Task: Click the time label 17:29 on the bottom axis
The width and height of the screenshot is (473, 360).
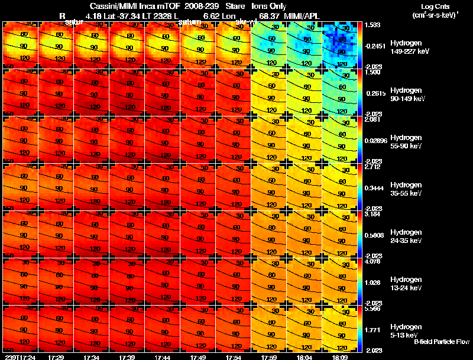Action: [57, 356]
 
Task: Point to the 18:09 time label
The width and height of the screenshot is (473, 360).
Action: [339, 356]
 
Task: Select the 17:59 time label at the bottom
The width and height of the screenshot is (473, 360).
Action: [269, 356]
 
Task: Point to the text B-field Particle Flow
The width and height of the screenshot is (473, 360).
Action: [442, 342]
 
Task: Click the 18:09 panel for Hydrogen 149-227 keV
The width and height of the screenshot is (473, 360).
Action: [340, 45]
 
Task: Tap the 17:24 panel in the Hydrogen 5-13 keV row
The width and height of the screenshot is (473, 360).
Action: [21, 329]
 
